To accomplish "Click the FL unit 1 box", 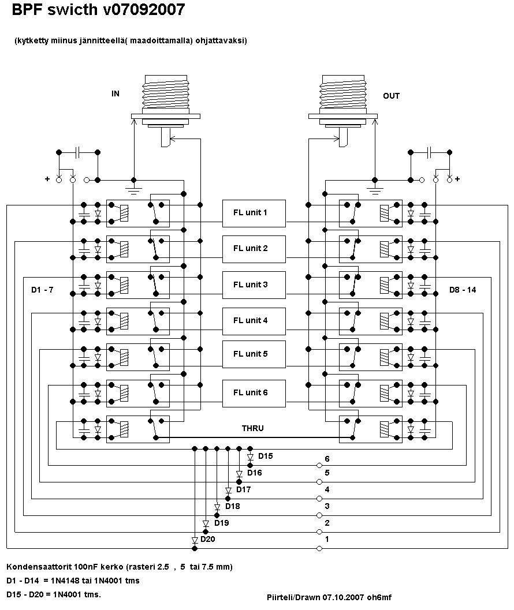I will [254, 212].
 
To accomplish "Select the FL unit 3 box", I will [254, 285].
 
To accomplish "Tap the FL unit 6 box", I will [254, 392].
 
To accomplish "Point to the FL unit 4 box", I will [254, 320].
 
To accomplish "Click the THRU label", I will [252, 428].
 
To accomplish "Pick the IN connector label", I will [116, 93].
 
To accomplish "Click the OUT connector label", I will [391, 96].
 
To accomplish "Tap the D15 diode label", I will [265, 456].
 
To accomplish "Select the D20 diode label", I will [208, 539].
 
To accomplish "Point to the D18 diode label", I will [232, 506].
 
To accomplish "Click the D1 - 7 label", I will [42, 290].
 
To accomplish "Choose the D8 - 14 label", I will [463, 290].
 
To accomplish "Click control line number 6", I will [327, 459].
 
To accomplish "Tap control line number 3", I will [327, 506].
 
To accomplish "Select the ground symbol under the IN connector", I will [134, 188].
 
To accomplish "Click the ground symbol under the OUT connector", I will [375, 188].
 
